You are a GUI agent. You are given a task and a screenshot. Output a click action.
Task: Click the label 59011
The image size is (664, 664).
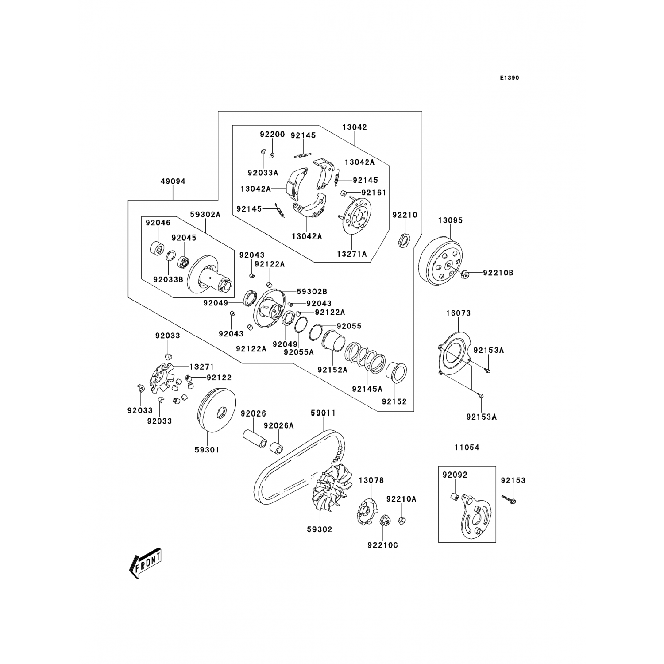323,413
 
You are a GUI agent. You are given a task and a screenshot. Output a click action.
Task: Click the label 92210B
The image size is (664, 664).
498,273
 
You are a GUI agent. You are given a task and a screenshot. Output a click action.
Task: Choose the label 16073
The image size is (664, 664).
458,313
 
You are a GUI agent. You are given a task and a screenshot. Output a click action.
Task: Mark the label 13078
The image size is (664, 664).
371,480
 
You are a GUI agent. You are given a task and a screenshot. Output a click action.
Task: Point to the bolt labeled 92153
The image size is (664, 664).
510,499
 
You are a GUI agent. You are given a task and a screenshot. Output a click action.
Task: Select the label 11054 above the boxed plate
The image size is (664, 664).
467,448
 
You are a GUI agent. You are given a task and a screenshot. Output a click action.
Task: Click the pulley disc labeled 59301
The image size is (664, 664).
215,414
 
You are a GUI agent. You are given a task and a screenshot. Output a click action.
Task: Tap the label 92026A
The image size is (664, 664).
278,426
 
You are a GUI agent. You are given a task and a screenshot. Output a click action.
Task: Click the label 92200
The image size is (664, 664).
272,135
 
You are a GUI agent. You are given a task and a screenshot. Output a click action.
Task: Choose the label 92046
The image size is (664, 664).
158,223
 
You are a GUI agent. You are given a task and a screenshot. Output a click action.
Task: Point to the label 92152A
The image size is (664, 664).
332,370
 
